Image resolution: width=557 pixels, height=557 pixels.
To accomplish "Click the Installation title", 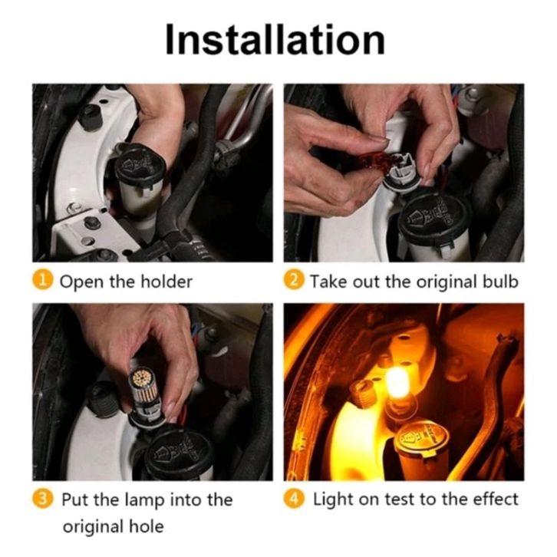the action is click(275, 39).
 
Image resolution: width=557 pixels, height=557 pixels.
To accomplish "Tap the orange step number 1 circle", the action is click(42, 280).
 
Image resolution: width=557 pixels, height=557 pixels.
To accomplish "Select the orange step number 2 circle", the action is click(294, 280).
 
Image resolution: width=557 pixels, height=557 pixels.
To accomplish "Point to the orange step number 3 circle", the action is click(42, 499).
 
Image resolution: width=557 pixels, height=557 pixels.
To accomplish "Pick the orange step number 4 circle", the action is click(294, 499).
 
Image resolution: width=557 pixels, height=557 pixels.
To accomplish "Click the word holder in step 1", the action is click(166, 282).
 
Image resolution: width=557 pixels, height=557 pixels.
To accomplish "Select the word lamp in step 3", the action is click(145, 501).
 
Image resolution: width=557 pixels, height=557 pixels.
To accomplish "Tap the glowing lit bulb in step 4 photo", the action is click(400, 385).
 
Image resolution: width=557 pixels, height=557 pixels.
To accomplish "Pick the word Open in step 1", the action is click(82, 282).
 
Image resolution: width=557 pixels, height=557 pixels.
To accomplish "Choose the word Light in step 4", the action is click(333, 500).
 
